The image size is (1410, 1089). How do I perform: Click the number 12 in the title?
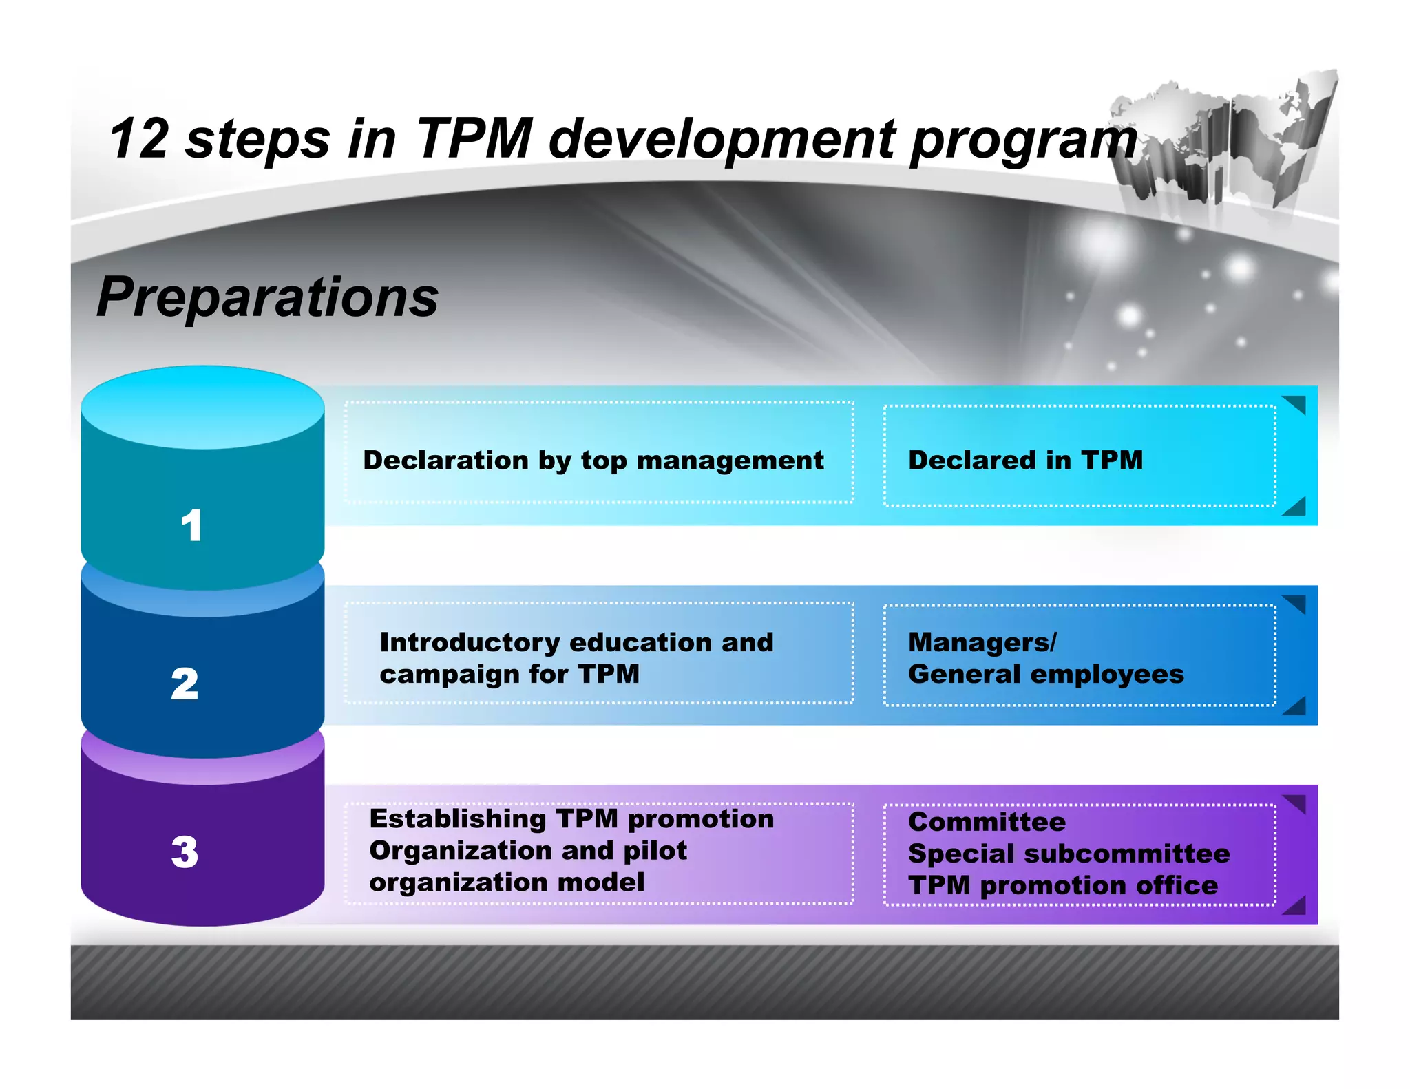[x=139, y=138]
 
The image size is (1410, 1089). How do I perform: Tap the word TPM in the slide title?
[x=474, y=138]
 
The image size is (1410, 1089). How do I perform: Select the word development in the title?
[x=722, y=140]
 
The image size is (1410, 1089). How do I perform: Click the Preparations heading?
[x=268, y=297]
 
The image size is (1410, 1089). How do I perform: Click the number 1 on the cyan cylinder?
[x=191, y=525]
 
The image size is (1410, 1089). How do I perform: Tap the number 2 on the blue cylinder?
[x=185, y=684]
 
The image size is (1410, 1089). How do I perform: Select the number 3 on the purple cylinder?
[x=185, y=852]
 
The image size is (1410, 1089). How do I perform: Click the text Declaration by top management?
[x=593, y=460]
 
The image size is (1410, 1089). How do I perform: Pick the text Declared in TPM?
[x=1025, y=460]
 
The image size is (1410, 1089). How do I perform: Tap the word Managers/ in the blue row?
[x=982, y=642]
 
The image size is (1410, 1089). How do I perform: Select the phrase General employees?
[x=1046, y=674]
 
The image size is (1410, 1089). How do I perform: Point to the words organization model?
[x=507, y=882]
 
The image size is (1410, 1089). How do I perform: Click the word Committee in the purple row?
[x=987, y=822]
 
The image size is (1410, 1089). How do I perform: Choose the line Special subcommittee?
[x=1069, y=854]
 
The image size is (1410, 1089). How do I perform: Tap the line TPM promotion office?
[x=1063, y=885]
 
